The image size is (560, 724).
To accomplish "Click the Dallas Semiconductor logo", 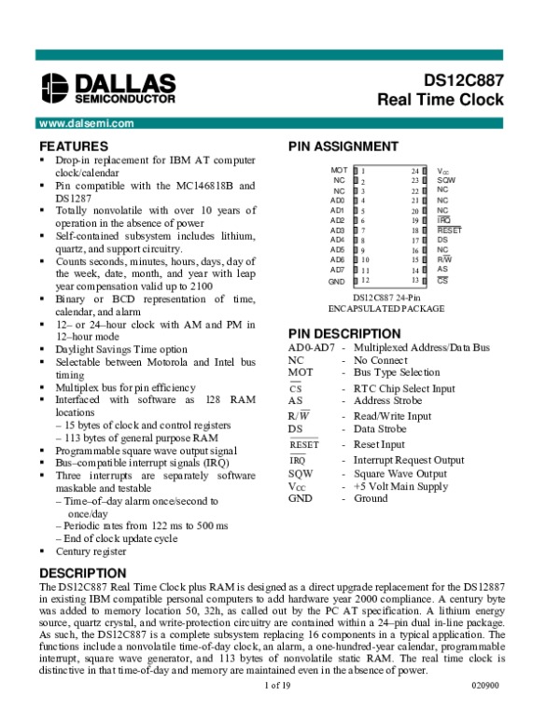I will [x=107, y=87].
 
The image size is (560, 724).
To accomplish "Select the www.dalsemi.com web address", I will [x=82, y=122].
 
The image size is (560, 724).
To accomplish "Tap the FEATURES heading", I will [x=74, y=146].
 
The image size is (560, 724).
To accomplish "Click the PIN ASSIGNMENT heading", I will [x=343, y=146].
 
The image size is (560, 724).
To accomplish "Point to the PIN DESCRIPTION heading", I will [x=344, y=334].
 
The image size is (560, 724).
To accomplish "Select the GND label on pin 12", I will [x=337, y=281].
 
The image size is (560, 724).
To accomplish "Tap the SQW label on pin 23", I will [x=446, y=181].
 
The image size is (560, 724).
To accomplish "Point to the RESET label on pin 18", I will [x=449, y=230].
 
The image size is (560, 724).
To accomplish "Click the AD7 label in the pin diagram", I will [x=338, y=271].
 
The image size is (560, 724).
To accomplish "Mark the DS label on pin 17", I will [x=442, y=240].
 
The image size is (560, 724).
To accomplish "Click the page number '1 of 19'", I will [x=279, y=712].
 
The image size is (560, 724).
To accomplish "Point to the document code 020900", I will [x=486, y=712].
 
